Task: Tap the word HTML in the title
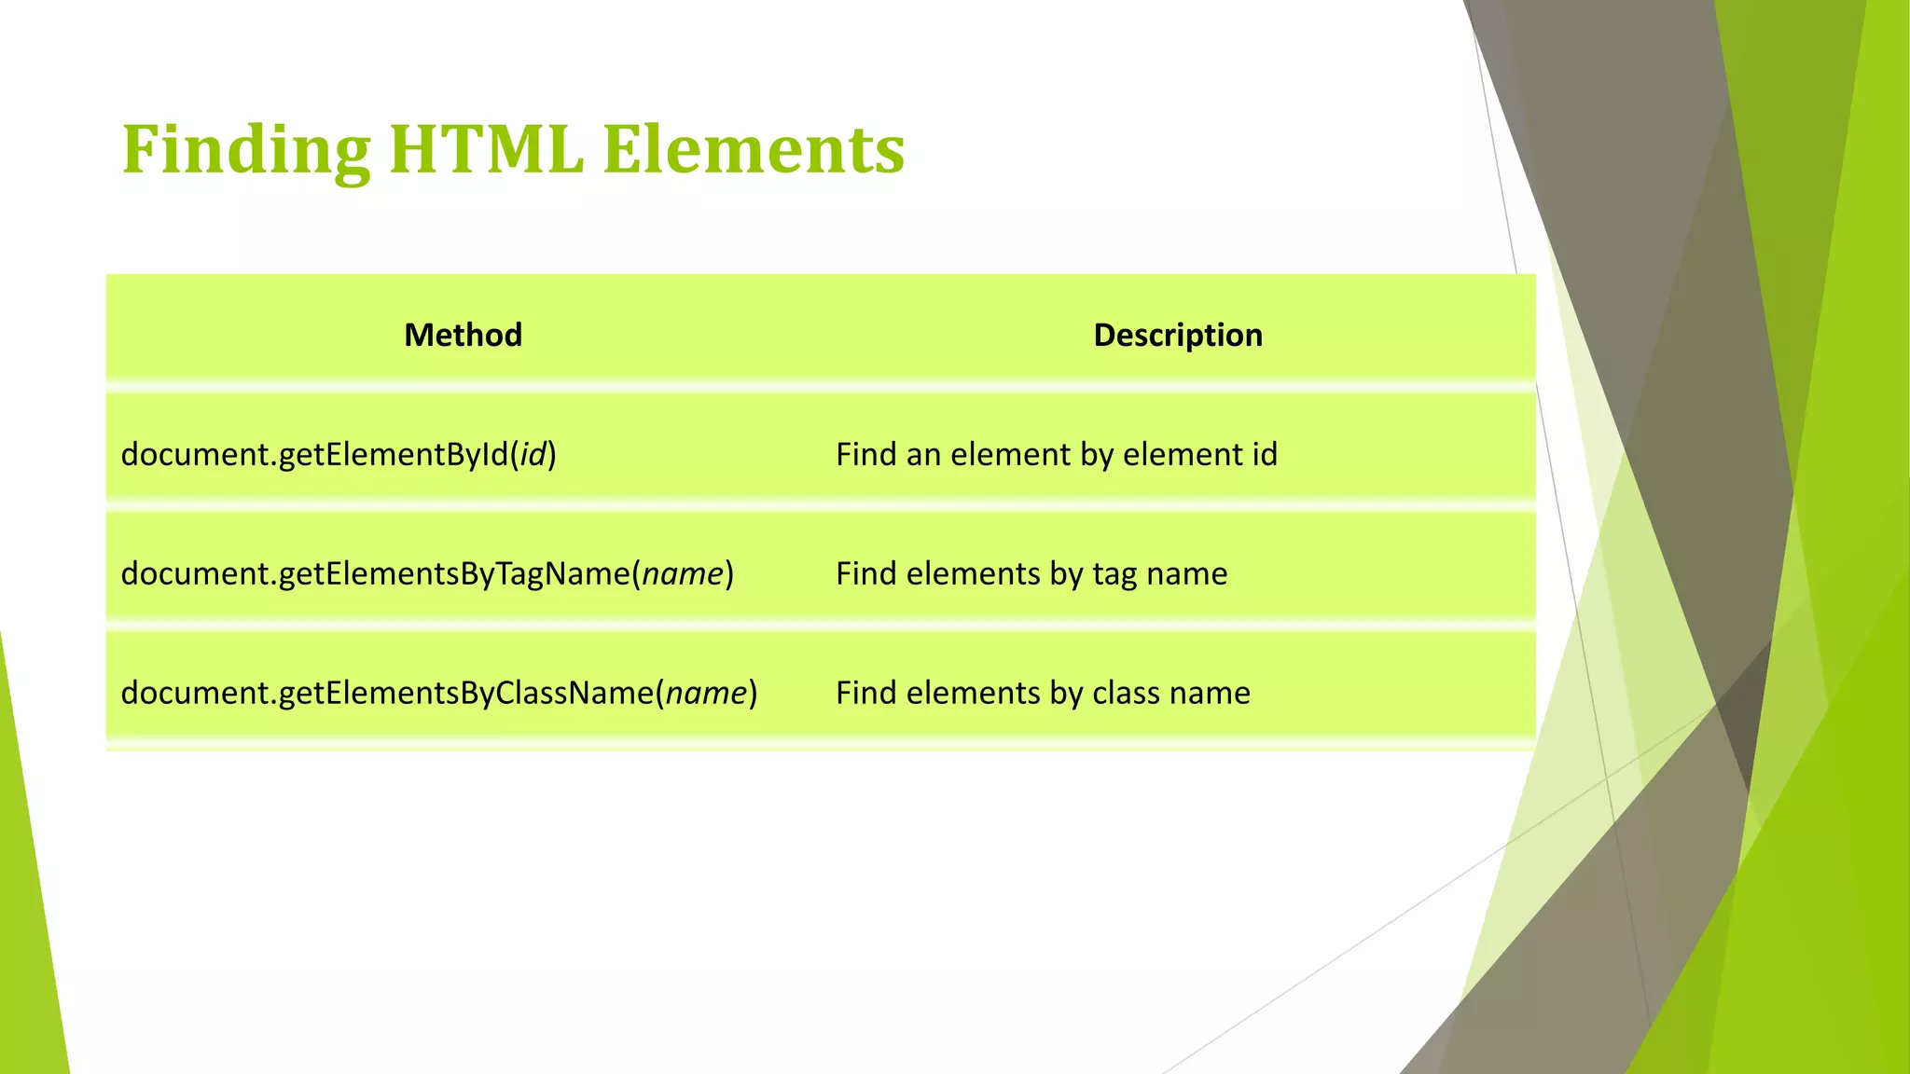[486, 149]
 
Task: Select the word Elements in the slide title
[754, 149]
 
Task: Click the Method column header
[463, 335]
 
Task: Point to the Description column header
[1178, 335]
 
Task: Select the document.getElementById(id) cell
[339, 455]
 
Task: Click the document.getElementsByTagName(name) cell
[427, 573]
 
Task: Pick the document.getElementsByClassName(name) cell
[438, 693]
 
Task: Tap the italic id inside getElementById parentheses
[533, 455]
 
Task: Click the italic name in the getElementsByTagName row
[684, 573]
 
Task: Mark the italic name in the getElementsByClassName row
[707, 693]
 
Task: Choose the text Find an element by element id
[1056, 455]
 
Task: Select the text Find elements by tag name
[1031, 573]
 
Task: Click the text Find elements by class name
[1042, 693]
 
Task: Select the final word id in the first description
[1265, 455]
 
